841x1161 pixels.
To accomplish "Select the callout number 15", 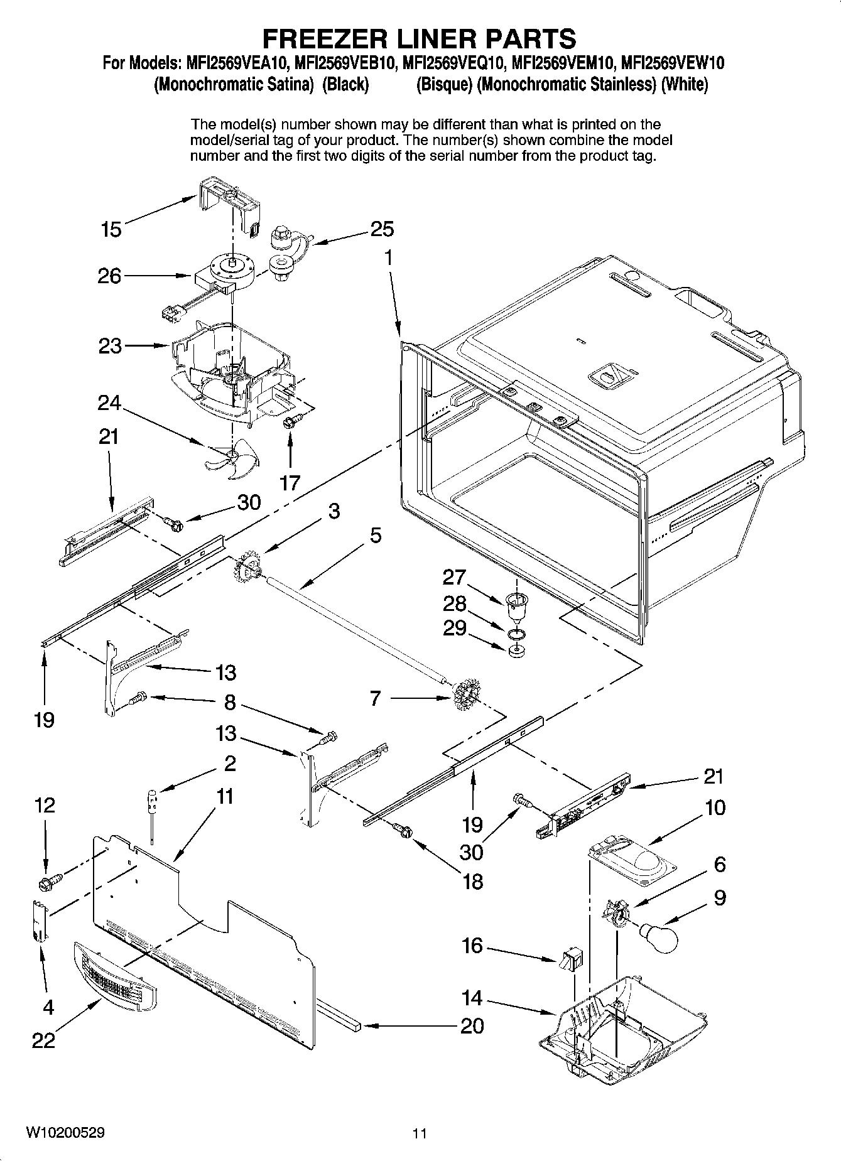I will tap(111, 230).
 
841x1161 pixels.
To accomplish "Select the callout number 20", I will tap(472, 1026).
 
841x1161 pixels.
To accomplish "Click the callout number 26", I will tap(109, 276).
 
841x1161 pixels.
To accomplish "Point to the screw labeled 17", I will tap(291, 421).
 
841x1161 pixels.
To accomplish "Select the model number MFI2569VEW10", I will tap(673, 63).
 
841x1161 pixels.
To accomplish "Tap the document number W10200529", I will tap(65, 1132).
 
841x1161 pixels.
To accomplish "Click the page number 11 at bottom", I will tap(420, 1133).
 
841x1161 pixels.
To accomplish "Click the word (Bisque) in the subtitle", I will tap(444, 85).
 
